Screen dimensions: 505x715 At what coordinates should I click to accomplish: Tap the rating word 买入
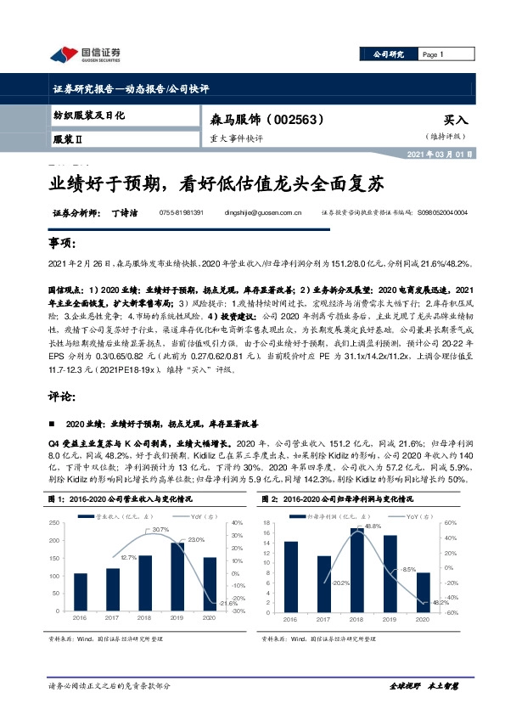click(x=456, y=121)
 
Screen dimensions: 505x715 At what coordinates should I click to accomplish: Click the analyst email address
click(x=267, y=213)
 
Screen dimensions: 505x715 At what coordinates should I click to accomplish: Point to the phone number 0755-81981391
click(x=182, y=213)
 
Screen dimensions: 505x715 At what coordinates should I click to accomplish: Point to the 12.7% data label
click(x=128, y=556)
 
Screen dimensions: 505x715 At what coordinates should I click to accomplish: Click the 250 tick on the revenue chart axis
click(x=53, y=523)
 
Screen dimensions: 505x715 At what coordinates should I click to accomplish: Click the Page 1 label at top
click(x=433, y=55)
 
